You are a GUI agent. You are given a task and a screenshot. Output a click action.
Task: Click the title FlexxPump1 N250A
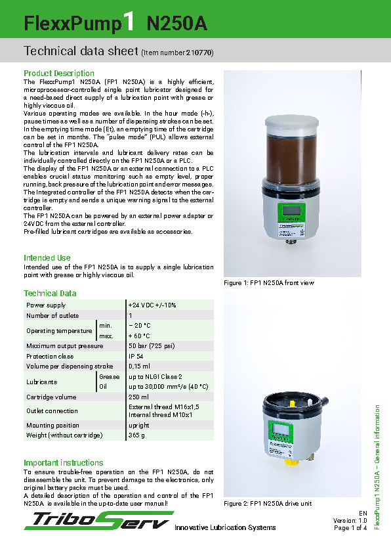115,24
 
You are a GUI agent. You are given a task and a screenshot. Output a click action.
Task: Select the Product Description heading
59,73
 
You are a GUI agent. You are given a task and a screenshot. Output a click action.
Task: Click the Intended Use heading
47,258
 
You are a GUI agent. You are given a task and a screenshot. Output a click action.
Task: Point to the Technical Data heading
50,294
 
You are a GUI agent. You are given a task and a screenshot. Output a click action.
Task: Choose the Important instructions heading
64,463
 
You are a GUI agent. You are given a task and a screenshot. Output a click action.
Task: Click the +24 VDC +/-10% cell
152,305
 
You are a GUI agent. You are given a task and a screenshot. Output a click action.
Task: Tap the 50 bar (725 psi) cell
152,345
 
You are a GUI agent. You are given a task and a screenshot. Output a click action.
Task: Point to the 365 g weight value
137,435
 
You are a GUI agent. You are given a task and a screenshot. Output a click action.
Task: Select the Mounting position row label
52,425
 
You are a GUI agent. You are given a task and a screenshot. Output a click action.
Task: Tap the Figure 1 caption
270,283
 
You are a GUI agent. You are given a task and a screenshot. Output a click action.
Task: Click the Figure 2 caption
268,504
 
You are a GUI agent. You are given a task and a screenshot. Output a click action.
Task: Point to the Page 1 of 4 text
350,528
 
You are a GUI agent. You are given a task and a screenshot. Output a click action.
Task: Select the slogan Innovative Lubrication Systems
225,527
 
